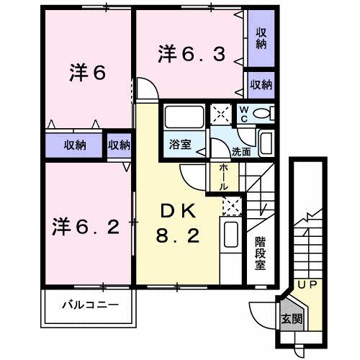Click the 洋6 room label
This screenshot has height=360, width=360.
click(x=88, y=73)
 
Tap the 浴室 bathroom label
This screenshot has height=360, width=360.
click(x=181, y=144)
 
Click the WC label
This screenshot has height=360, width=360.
click(x=243, y=114)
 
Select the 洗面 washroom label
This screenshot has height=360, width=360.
click(x=241, y=152)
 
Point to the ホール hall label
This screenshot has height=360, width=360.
click(x=224, y=176)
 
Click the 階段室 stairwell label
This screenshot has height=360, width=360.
click(x=260, y=253)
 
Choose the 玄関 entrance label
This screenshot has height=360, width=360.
click(x=292, y=318)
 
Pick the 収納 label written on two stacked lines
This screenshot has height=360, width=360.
click(x=261, y=38)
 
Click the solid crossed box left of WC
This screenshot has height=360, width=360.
click(x=218, y=114)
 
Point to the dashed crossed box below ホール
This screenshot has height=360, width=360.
click(x=232, y=206)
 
